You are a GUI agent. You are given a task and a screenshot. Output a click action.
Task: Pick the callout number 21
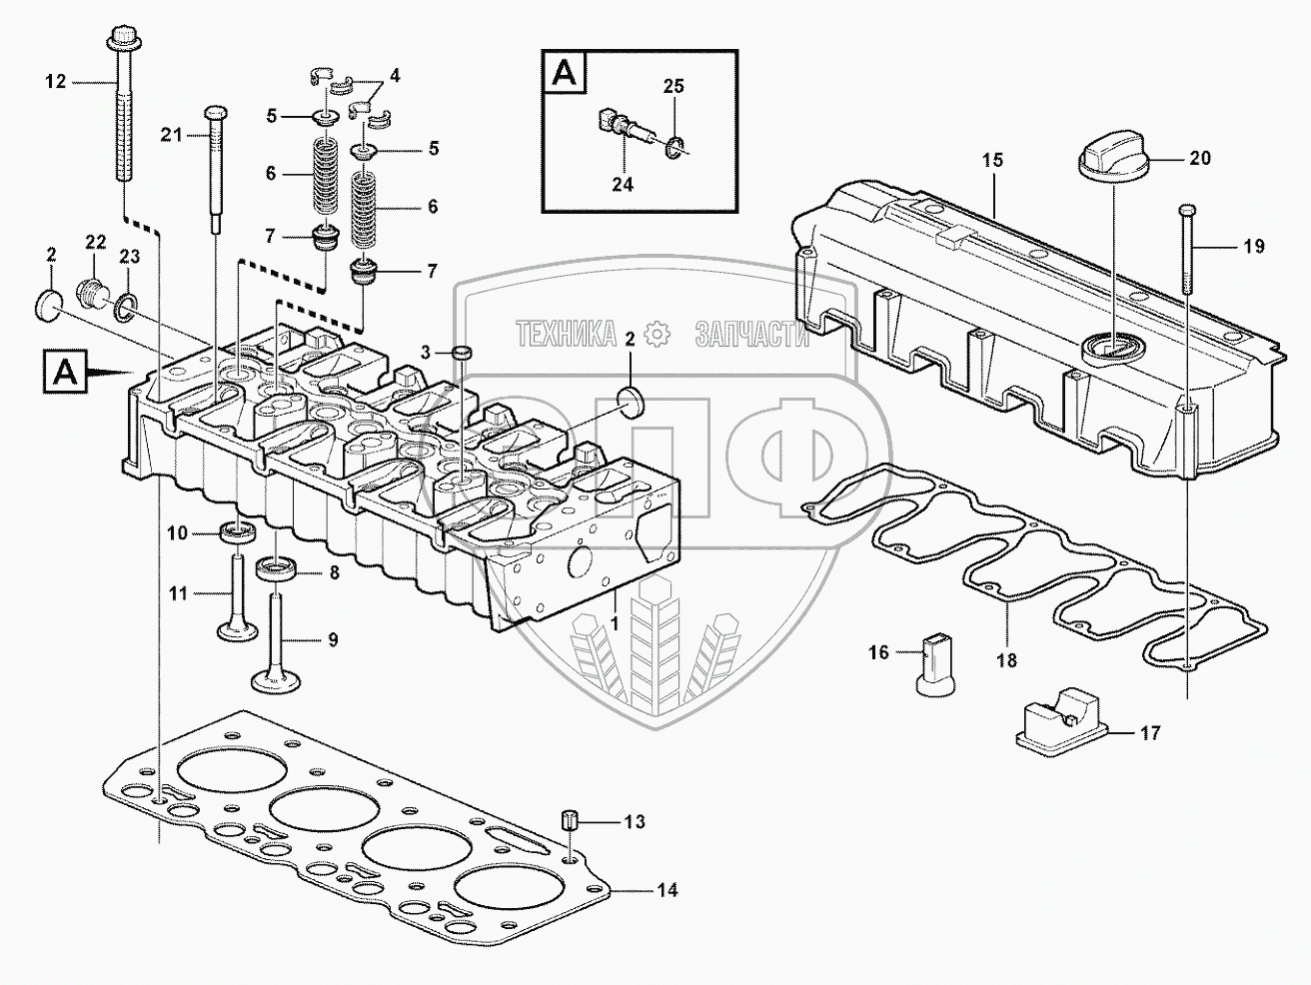point(172,135)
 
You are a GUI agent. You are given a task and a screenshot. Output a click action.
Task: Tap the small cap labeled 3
point(462,353)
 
